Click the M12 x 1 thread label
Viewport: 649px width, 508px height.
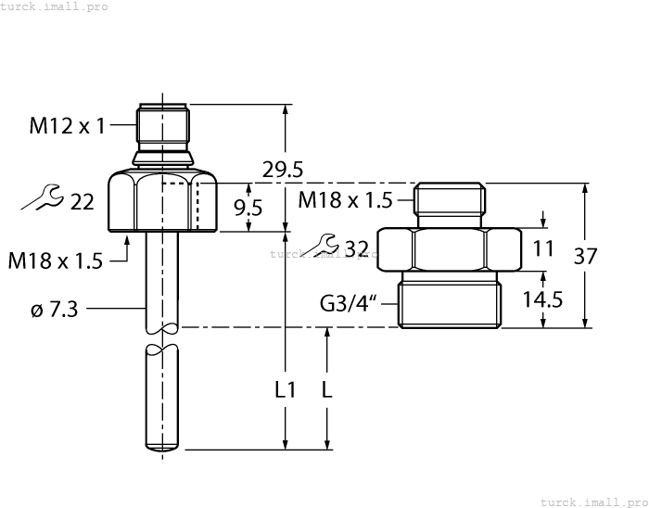[x=67, y=126]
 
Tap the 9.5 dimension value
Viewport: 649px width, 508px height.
[x=248, y=207]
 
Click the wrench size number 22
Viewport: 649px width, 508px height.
[x=83, y=201]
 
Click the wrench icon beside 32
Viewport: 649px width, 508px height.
[x=326, y=245]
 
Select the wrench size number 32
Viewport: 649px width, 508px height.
[x=356, y=248]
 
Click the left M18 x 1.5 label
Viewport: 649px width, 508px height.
[x=55, y=261]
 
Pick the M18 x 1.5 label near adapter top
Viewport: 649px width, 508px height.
[x=346, y=199]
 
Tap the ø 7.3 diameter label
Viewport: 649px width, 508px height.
[x=54, y=310]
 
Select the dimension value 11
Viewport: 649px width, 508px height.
[x=544, y=248]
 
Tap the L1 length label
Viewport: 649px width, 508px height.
[x=286, y=390]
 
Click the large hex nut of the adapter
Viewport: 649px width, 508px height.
[x=450, y=248]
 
